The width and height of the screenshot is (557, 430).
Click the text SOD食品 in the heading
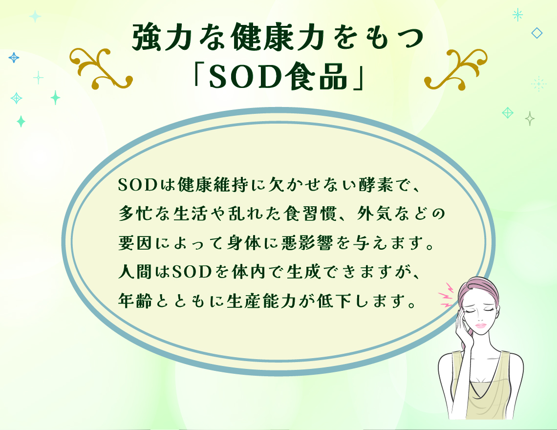(278, 76)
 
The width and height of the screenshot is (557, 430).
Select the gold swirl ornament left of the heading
(101, 68)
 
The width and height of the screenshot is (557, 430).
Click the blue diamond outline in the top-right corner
(537, 33)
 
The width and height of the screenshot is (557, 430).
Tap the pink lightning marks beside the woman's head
(446, 295)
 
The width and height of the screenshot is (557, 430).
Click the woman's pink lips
(480, 326)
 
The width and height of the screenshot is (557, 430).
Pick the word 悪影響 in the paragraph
(307, 243)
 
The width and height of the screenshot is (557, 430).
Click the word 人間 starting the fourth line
(135, 272)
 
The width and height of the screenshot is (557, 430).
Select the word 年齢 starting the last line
(135, 301)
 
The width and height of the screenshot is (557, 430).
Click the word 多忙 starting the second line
(135, 214)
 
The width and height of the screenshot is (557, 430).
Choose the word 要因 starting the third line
(135, 243)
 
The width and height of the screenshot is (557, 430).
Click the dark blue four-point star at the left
(14, 58)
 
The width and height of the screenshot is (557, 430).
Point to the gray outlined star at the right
(530, 118)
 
